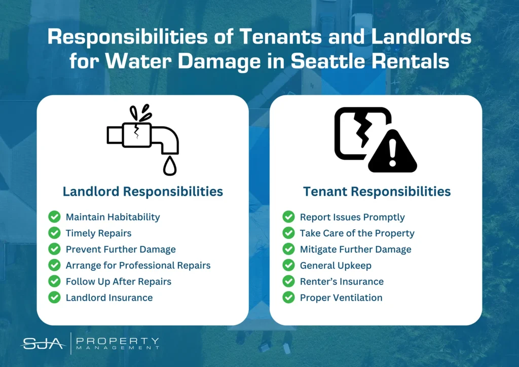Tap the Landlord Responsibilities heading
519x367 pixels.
(x=142, y=192)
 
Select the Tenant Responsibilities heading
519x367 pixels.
(x=377, y=192)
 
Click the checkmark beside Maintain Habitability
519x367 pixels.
(x=54, y=217)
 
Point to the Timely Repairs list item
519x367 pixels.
(x=98, y=233)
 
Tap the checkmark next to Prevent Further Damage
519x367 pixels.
(x=54, y=249)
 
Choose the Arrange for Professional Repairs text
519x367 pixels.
(x=138, y=266)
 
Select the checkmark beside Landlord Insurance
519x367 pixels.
(x=54, y=297)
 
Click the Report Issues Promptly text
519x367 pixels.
(x=352, y=217)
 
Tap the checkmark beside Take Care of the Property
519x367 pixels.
(x=288, y=233)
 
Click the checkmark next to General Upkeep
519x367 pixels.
(x=288, y=265)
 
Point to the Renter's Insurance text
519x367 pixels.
(x=342, y=281)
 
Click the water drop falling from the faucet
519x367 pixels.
(x=170, y=166)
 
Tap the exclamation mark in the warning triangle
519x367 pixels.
(x=393, y=153)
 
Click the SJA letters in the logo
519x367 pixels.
(x=43, y=344)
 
